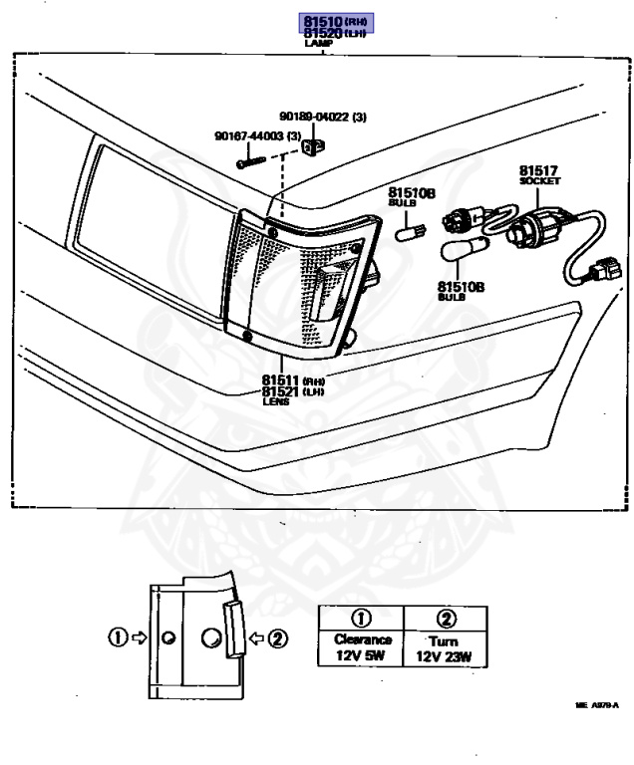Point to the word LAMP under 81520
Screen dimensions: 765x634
coord(319,45)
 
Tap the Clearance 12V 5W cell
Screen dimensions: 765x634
coord(361,648)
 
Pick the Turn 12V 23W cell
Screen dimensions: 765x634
coord(444,648)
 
